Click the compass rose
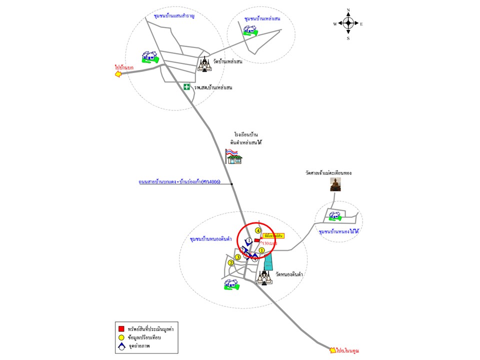[x=348, y=23]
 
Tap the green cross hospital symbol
[x=186, y=87]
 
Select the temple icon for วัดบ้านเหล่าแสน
[x=205, y=64]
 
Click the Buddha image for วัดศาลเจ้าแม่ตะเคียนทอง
[x=335, y=184]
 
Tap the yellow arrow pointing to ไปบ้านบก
[x=118, y=74]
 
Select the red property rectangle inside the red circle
[x=257, y=240]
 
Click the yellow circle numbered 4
[x=258, y=230]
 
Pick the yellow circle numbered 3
[x=238, y=257]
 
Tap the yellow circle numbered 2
[x=231, y=263]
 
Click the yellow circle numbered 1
[x=261, y=250]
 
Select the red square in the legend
[x=121, y=328]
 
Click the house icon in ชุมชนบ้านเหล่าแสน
[x=250, y=31]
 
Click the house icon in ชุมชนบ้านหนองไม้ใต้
[x=334, y=215]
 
